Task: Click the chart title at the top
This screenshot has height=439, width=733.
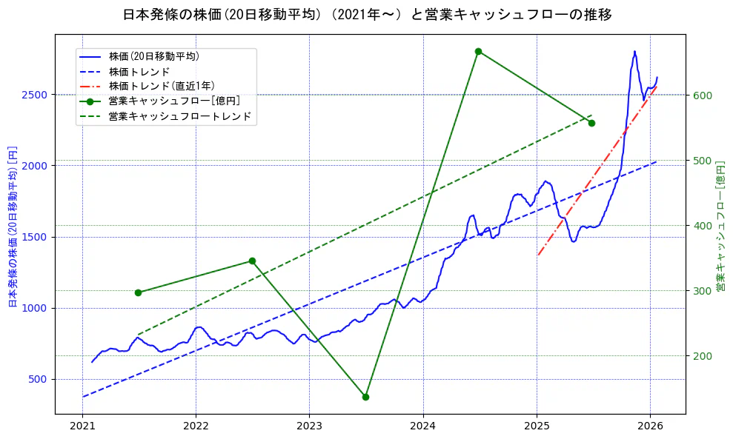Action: tap(367, 15)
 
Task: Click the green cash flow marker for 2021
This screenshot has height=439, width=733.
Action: tap(138, 292)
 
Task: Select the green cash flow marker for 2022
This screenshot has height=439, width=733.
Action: tap(252, 261)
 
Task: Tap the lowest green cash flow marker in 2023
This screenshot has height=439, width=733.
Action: tap(365, 397)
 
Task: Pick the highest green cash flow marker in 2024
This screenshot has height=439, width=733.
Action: tap(478, 51)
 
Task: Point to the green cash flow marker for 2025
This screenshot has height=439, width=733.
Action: tap(591, 123)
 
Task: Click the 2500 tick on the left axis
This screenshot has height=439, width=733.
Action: tap(37, 95)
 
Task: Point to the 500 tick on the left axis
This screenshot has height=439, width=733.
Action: tap(40, 379)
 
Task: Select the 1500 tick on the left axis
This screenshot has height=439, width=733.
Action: tap(37, 237)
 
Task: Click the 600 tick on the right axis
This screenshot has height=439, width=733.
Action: tap(701, 95)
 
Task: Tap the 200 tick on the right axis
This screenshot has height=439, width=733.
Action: tap(701, 356)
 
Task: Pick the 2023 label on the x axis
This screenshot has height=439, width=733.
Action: tap(309, 426)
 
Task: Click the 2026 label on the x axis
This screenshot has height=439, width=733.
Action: tap(650, 426)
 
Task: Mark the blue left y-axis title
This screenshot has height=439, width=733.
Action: tap(13, 226)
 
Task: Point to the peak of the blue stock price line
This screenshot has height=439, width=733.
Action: tap(634, 51)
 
